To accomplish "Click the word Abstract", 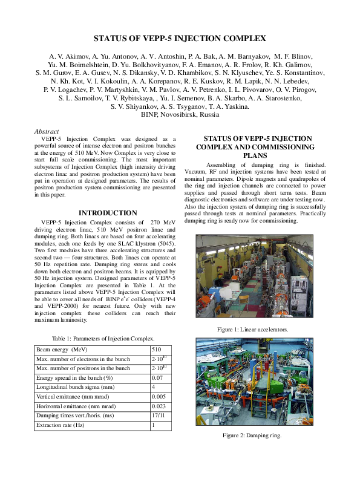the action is click(47, 131).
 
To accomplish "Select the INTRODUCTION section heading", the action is click(108, 213).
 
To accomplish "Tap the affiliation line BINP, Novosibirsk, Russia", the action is click(180, 114).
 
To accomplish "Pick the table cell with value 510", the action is click(157, 350).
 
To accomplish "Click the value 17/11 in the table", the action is click(159, 415).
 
